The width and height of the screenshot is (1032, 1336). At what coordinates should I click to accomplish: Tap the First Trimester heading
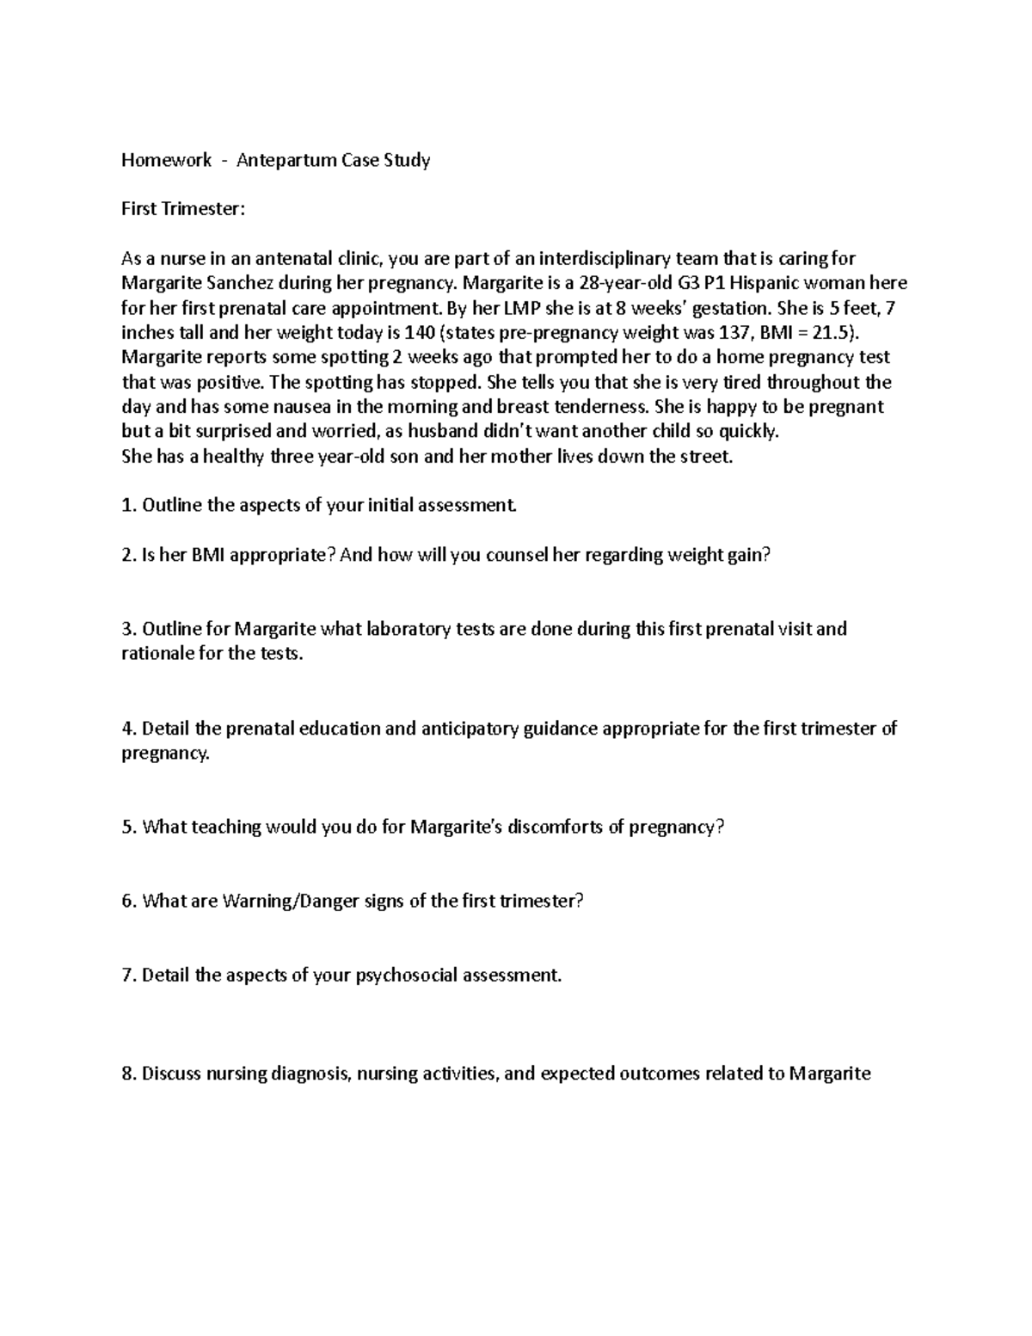[x=183, y=209]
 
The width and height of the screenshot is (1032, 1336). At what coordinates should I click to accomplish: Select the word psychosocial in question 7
[x=407, y=976]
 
